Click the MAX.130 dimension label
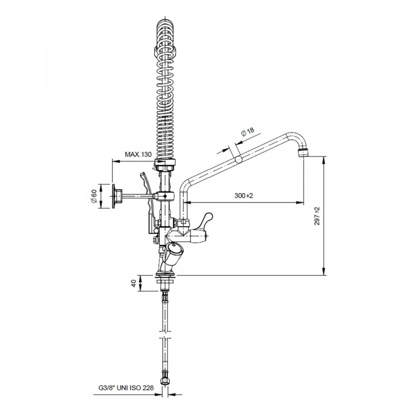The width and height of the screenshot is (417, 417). point(138,154)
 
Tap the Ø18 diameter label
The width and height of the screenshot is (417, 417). point(247,132)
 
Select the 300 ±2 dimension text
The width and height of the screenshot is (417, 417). point(244,196)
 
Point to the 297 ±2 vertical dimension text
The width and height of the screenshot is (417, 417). point(317,216)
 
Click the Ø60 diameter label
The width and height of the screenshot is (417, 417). point(94,196)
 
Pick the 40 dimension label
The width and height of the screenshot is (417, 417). point(134,284)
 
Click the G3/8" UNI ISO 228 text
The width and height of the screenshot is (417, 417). point(126,388)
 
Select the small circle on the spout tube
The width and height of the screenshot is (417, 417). point(239,159)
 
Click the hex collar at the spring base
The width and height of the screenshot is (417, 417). point(165,164)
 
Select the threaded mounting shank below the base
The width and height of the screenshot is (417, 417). point(165,284)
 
